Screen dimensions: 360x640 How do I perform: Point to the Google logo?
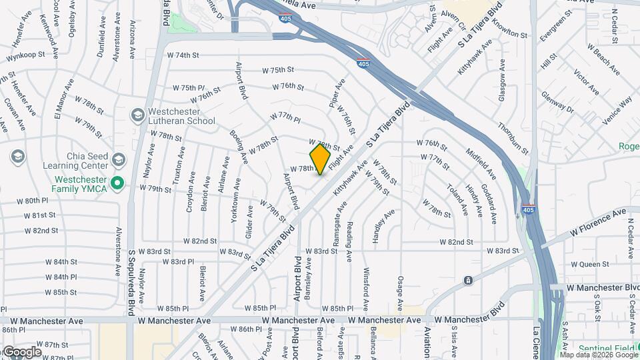tap(22, 351)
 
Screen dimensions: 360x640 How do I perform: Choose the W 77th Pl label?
tap(286, 116)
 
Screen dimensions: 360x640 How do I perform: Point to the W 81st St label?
tap(40, 215)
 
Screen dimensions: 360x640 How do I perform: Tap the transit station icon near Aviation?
tap(468, 280)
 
